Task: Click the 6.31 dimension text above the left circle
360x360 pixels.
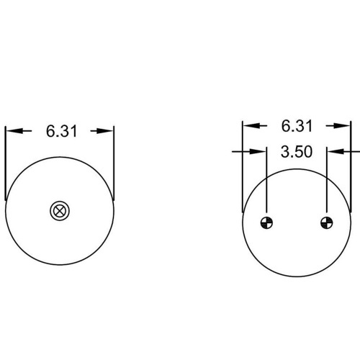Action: (61, 131)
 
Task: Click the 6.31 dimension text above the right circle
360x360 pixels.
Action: (297, 126)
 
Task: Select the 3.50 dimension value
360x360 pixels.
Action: (297, 152)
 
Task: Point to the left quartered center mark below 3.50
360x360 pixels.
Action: (266, 222)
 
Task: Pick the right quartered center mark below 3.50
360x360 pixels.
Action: (327, 222)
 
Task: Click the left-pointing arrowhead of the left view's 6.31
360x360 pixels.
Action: (14, 131)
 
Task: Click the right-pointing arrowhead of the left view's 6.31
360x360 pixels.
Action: (105, 131)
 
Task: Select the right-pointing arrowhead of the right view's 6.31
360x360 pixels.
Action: (342, 125)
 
